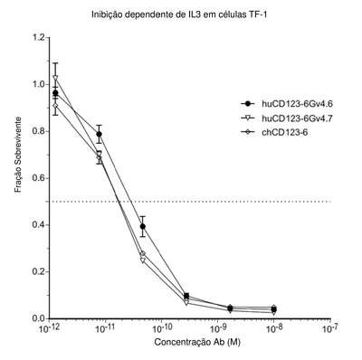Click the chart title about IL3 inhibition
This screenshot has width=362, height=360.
tap(179, 14)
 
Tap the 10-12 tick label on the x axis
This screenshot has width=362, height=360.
tap(49, 327)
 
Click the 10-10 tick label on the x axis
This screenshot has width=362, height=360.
tap(161, 327)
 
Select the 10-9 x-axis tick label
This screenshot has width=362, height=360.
tap(218, 327)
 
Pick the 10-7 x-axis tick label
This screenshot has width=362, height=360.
tap(330, 327)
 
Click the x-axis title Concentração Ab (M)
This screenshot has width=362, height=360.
tap(197, 342)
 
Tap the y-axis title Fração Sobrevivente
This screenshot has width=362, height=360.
tap(18, 155)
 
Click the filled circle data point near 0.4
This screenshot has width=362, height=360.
tap(143, 226)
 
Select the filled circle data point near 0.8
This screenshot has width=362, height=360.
tap(99, 134)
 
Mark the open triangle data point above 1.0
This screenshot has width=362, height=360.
tap(55, 78)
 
